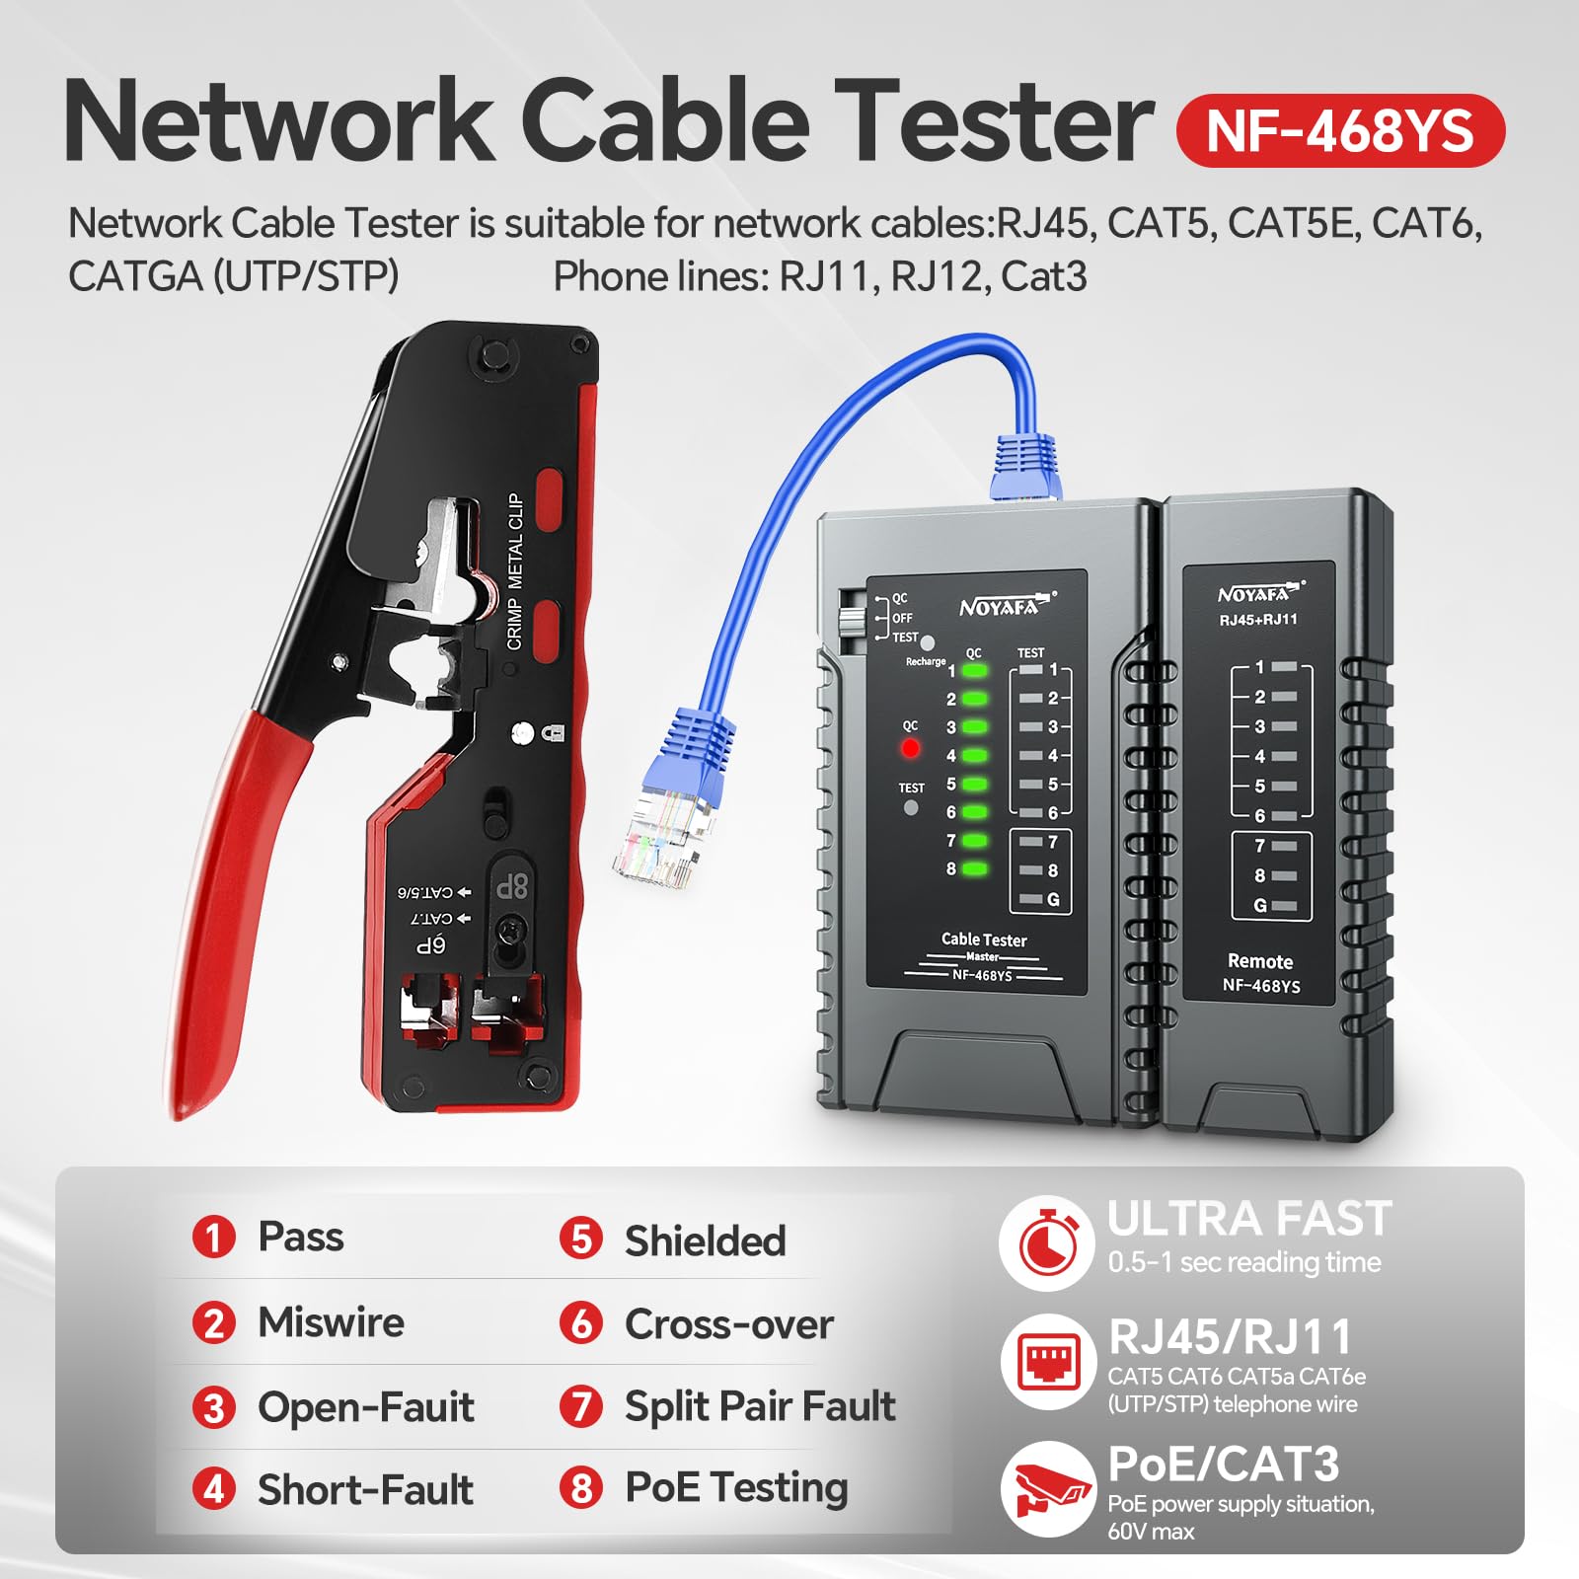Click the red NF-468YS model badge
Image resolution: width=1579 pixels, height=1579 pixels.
[x=1339, y=131]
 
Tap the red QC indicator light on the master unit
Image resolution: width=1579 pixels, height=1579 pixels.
[x=910, y=748]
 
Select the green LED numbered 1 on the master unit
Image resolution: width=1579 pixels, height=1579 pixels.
[x=975, y=671]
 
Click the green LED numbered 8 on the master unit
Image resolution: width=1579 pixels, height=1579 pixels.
[x=975, y=869]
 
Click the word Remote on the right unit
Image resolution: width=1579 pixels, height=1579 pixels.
[x=1259, y=961]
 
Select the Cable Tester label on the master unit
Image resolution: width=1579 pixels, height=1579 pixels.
[x=983, y=940]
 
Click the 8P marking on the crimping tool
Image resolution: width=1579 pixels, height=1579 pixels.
[x=512, y=885]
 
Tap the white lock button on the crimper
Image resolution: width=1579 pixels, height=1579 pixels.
[x=523, y=732]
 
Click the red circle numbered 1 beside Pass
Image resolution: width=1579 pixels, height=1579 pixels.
[x=214, y=1237]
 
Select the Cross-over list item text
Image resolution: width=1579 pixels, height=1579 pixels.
[x=728, y=1324]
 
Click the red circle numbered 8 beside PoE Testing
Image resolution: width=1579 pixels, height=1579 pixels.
[x=581, y=1487]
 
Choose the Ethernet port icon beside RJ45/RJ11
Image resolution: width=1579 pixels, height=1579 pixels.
[x=1047, y=1362]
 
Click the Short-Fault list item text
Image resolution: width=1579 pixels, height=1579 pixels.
[x=365, y=1489]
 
